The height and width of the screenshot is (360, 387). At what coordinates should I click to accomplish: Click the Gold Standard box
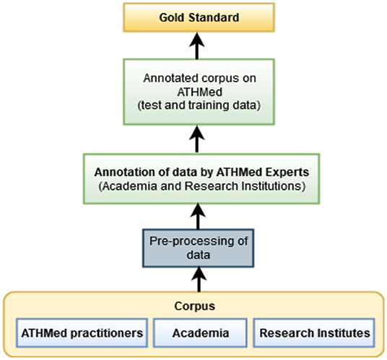[x=199, y=17]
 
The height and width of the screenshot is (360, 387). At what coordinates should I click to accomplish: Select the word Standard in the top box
[x=214, y=18]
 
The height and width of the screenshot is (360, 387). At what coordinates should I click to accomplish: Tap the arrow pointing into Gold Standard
[x=196, y=45]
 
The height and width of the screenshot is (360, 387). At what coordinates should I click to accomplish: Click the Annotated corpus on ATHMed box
[x=199, y=92]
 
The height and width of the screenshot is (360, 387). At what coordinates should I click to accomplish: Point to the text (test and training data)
[x=199, y=105]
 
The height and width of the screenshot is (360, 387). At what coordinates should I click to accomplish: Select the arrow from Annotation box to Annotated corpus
[x=196, y=139]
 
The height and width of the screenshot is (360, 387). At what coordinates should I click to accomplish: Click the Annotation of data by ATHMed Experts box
[x=201, y=179]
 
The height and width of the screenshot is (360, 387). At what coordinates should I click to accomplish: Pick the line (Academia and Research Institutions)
[x=202, y=186]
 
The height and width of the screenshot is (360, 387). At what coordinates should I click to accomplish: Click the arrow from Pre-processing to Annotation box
[x=198, y=216]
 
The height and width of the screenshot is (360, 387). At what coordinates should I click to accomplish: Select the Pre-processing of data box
[x=198, y=248]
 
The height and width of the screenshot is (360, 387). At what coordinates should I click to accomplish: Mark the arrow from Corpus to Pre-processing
[x=199, y=279]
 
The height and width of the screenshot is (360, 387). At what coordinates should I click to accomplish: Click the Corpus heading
[x=195, y=306]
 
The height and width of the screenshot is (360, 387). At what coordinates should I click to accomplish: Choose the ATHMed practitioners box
[x=82, y=333]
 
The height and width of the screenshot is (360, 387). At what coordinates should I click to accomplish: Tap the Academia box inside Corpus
[x=200, y=333]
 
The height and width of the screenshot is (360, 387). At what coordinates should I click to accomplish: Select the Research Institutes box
[x=314, y=333]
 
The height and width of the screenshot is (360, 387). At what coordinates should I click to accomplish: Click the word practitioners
[x=107, y=333]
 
